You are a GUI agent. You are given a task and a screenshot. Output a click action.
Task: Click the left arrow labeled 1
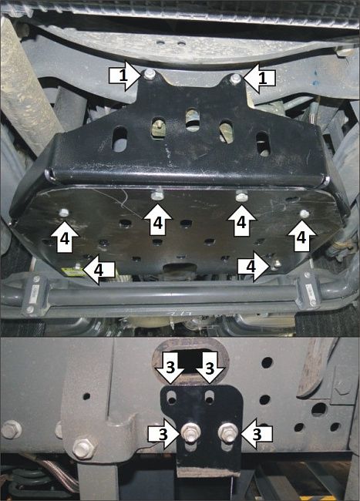point(121,76)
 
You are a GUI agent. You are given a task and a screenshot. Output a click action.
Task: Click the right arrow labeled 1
point(261,77)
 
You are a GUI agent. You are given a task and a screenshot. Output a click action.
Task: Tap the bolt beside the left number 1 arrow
point(149,75)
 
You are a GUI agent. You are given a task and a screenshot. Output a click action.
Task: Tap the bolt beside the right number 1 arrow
point(235,78)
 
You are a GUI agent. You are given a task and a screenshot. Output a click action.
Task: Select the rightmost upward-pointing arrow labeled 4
point(301,235)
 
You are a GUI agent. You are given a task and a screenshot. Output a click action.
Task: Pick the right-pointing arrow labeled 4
point(251,267)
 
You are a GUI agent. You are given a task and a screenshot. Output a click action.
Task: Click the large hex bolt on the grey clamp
point(82,446)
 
